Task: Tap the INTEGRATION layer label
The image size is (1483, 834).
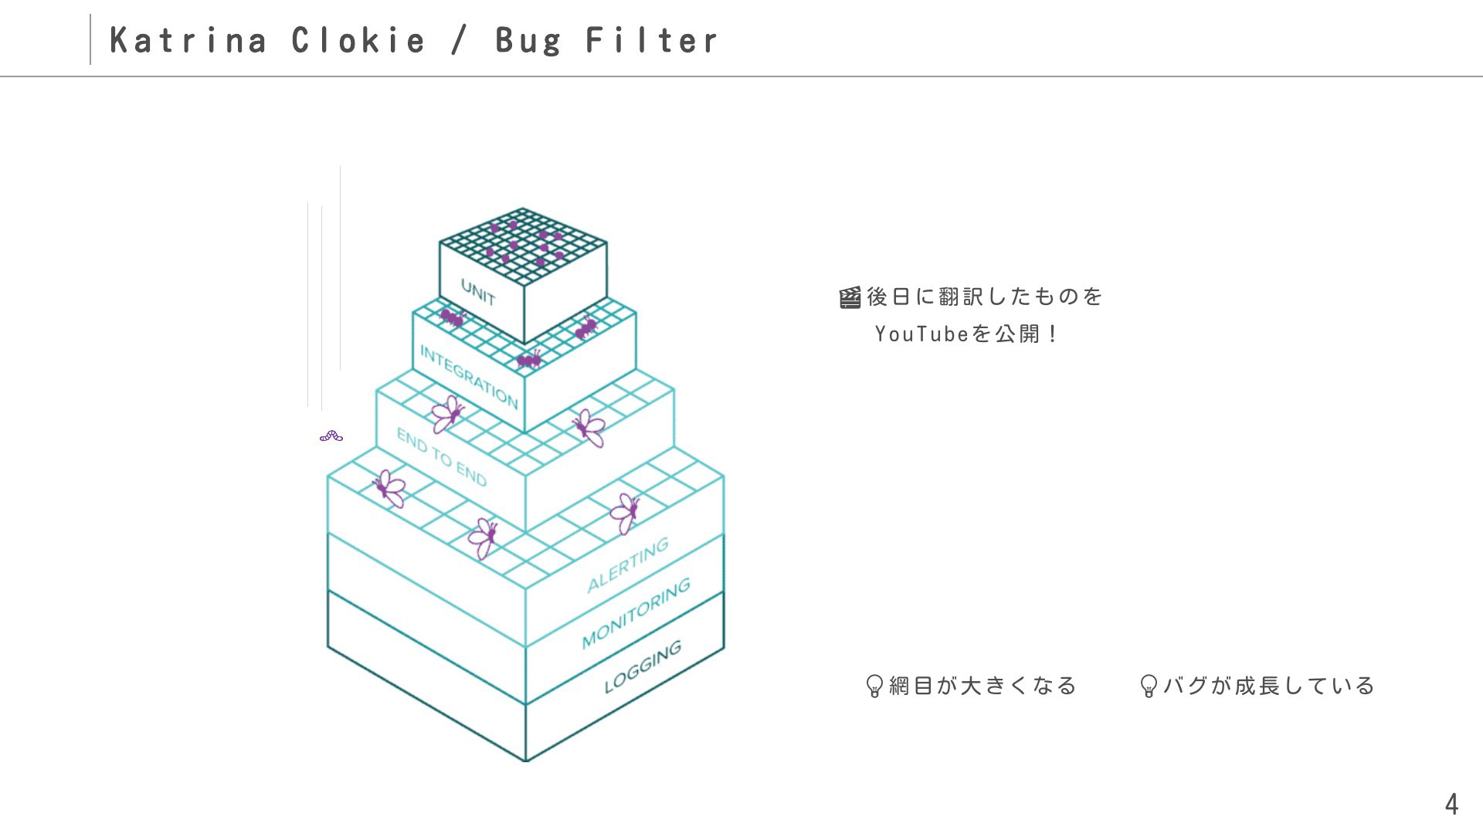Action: point(469,376)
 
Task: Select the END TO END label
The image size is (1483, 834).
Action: point(442,457)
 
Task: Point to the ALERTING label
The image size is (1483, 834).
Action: point(628,565)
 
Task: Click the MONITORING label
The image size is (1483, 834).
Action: point(636,613)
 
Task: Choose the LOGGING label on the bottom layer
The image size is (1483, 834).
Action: point(643,666)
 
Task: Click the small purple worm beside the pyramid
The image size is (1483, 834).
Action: point(331,436)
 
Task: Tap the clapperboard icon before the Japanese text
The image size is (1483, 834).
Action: point(850,297)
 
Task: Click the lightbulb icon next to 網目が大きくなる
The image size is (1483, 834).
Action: point(874,686)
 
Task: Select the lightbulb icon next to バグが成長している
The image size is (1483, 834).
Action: point(1149,686)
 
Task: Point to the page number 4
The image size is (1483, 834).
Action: point(1451,805)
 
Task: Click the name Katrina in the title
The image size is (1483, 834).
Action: point(188,40)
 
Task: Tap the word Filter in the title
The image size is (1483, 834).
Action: point(652,40)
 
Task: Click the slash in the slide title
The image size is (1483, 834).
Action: point(460,40)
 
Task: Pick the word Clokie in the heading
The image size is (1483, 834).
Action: point(358,40)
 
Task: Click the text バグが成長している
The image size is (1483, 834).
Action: point(1269,686)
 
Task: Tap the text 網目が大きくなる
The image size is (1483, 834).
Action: point(982,686)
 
